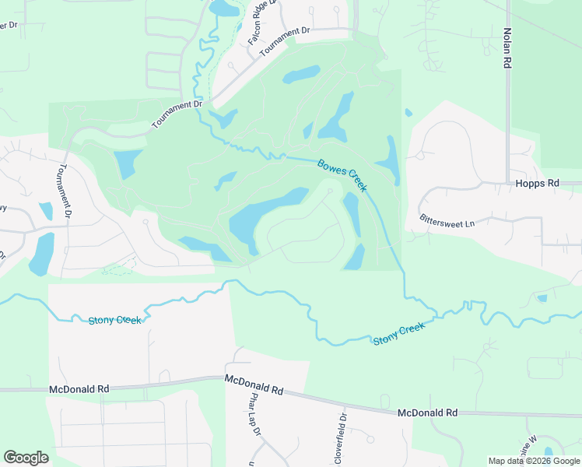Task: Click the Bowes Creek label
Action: pyautogui.click(x=342, y=176)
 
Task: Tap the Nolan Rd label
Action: pyautogui.click(x=507, y=47)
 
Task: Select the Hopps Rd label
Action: pyautogui.click(x=537, y=183)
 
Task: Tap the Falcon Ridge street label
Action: pyautogui.click(x=261, y=23)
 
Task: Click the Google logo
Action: pyautogui.click(x=26, y=458)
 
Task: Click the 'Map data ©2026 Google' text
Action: pyautogui.click(x=534, y=461)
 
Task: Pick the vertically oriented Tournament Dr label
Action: pyautogui.click(x=66, y=191)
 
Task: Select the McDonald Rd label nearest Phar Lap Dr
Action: pyautogui.click(x=254, y=384)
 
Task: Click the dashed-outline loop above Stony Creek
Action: pyautogui.click(x=117, y=269)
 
